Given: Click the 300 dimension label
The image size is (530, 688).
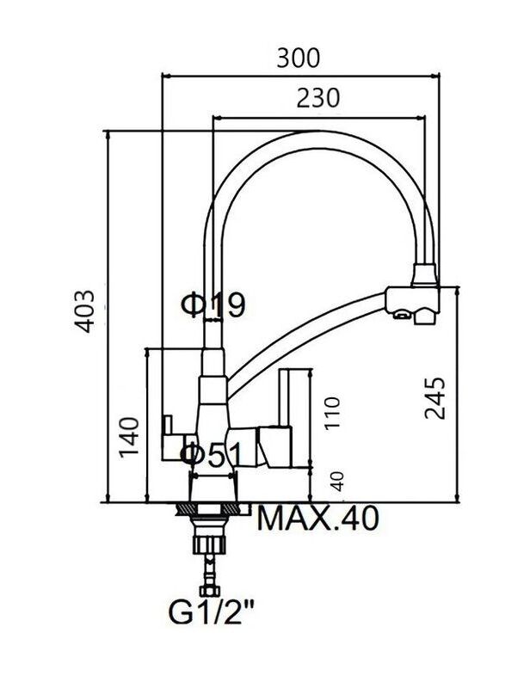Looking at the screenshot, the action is (x=299, y=58).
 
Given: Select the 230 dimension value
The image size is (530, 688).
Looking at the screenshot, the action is (x=317, y=98).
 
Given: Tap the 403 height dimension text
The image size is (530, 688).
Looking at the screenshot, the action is (x=83, y=311).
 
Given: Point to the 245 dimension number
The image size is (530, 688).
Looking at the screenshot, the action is (x=434, y=397).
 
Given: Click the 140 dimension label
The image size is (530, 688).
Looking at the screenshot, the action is (x=129, y=437).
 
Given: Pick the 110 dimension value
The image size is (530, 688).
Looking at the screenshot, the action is (x=332, y=414).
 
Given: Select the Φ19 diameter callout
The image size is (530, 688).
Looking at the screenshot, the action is (x=213, y=304).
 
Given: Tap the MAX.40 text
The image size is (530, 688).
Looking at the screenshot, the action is (x=317, y=519).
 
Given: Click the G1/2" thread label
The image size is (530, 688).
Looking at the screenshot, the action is (x=212, y=613).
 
